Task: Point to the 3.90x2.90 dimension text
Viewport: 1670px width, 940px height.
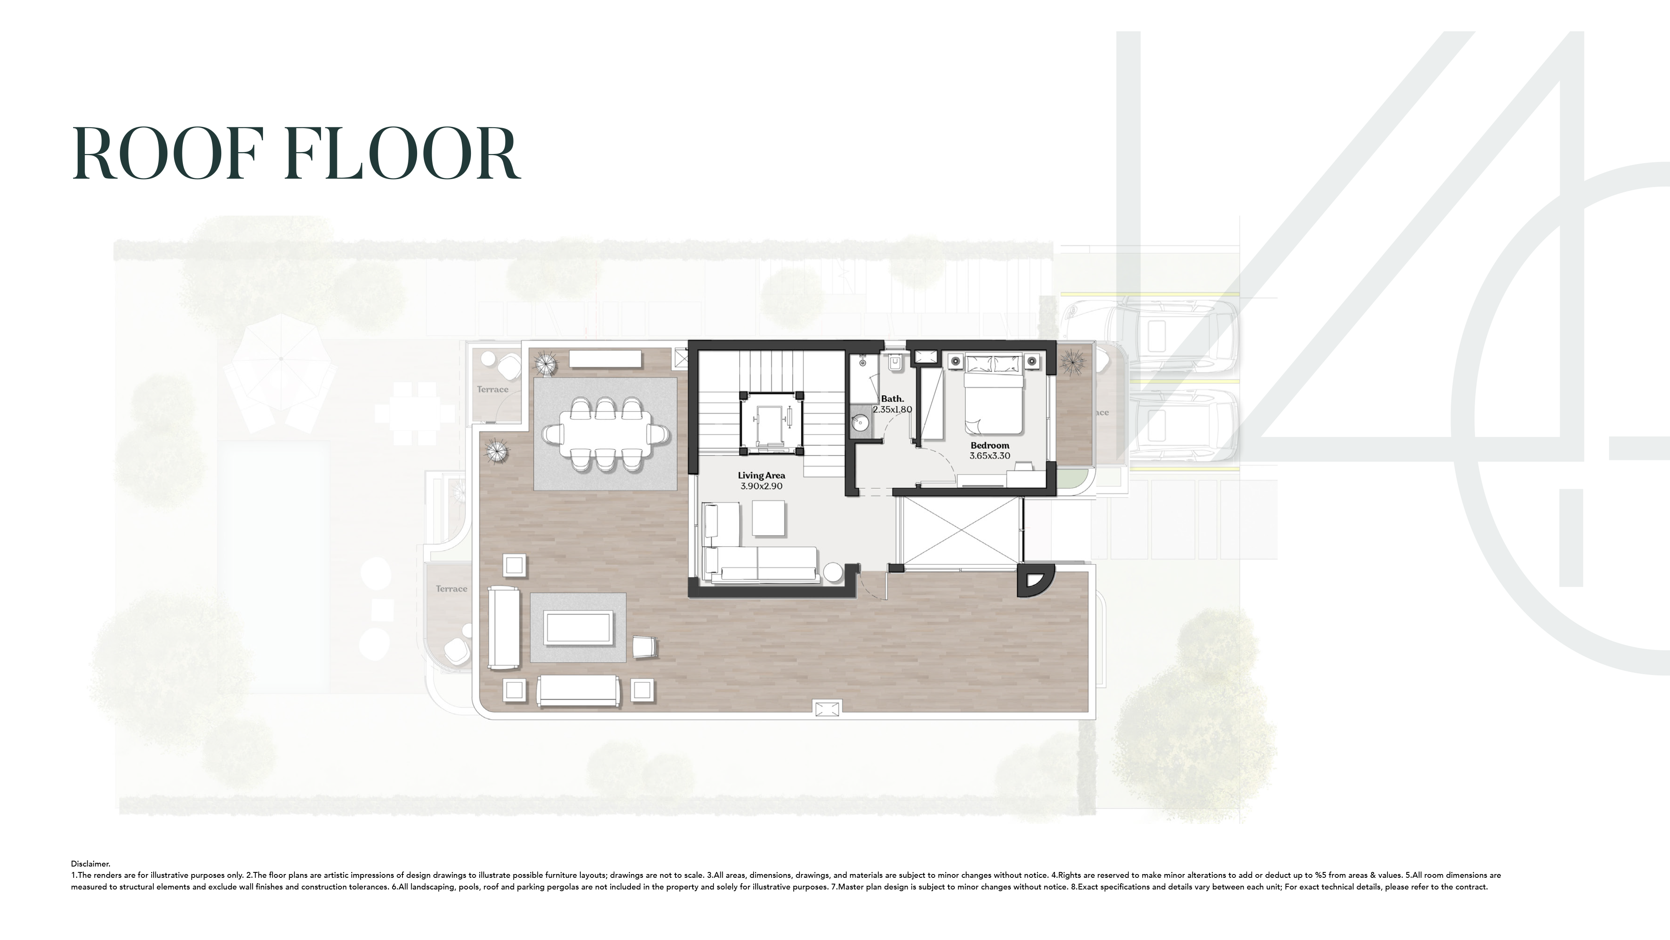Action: [761, 486]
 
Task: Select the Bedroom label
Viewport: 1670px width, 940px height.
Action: [989, 445]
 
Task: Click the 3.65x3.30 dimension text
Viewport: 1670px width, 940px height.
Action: [989, 456]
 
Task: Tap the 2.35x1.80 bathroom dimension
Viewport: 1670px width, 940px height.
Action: [892, 410]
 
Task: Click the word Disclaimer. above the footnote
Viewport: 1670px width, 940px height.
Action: [91, 864]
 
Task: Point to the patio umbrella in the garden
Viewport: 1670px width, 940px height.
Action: [280, 359]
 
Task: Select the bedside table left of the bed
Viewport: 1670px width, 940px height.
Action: [956, 361]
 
